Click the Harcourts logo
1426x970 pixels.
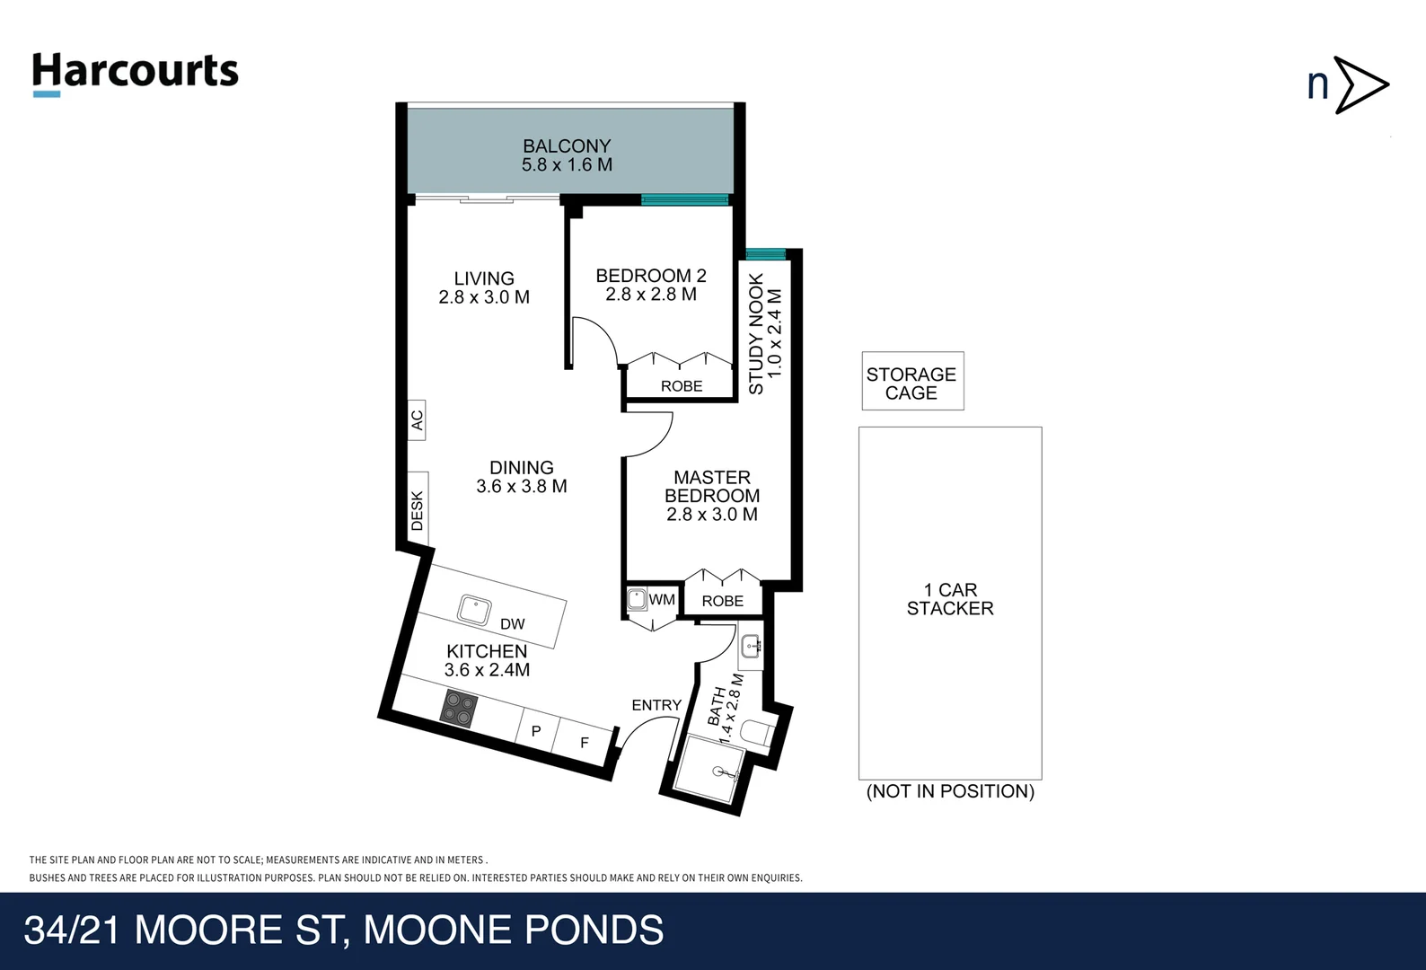[135, 75]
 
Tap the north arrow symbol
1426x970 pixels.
[1349, 84]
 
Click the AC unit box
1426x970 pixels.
[417, 419]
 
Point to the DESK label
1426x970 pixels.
[418, 509]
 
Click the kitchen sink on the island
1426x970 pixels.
[474, 610]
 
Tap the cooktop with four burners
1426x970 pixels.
[459, 709]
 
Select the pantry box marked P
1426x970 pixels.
[537, 730]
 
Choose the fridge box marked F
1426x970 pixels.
[583, 741]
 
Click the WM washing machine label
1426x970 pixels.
[662, 599]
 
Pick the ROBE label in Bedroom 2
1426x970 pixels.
[682, 386]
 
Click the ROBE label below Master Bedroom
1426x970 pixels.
[723, 601]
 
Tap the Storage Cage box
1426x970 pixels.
[913, 381]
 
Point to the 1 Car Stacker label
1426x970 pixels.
[950, 599]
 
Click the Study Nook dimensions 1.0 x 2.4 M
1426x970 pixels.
[775, 333]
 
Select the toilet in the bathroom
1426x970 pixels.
[758, 733]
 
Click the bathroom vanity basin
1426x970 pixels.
[752, 647]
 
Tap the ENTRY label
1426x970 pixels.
[656, 705]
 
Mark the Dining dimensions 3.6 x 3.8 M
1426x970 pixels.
[522, 487]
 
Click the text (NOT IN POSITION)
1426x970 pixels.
[950, 791]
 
